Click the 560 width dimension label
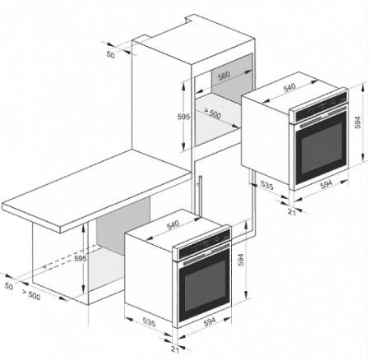click(x=224, y=76)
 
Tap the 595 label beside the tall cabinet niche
click(x=183, y=117)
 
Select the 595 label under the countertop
click(x=81, y=258)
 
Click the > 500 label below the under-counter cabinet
click(x=31, y=294)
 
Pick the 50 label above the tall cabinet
click(x=110, y=55)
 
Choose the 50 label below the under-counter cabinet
click(x=9, y=286)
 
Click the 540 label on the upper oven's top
click(x=289, y=88)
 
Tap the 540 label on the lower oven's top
click(x=173, y=224)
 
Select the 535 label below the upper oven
click(x=266, y=185)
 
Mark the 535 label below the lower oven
click(x=149, y=322)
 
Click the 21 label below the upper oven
click(x=292, y=212)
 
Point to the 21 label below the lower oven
click(x=175, y=349)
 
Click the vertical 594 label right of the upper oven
click(x=358, y=122)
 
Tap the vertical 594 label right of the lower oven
click(x=241, y=260)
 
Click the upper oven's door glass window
click(x=321, y=151)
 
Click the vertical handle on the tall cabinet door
click(x=201, y=196)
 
